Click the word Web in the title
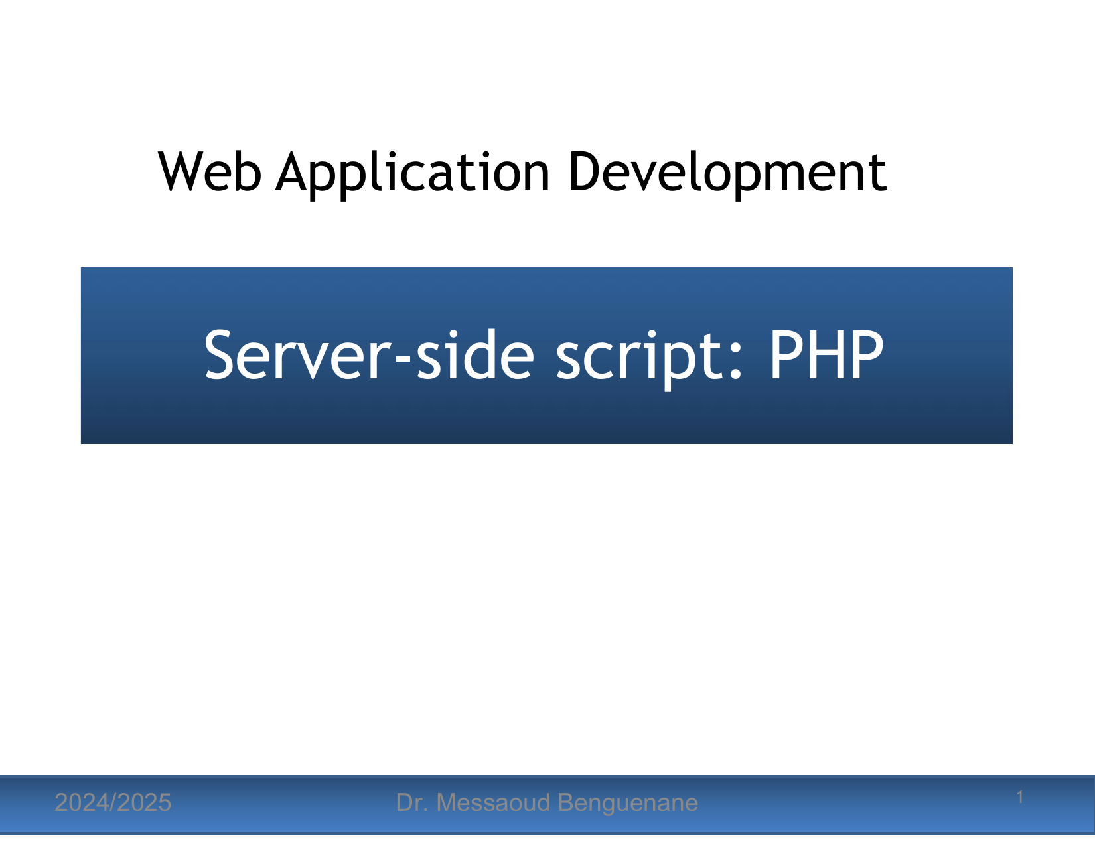point(210,172)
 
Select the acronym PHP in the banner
point(826,355)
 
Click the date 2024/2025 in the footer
point(113,803)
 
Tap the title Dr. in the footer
point(412,803)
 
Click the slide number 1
point(1020,797)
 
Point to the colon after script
point(737,361)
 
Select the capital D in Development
point(585,172)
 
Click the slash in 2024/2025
point(113,803)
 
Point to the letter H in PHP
point(826,355)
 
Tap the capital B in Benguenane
point(566,803)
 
